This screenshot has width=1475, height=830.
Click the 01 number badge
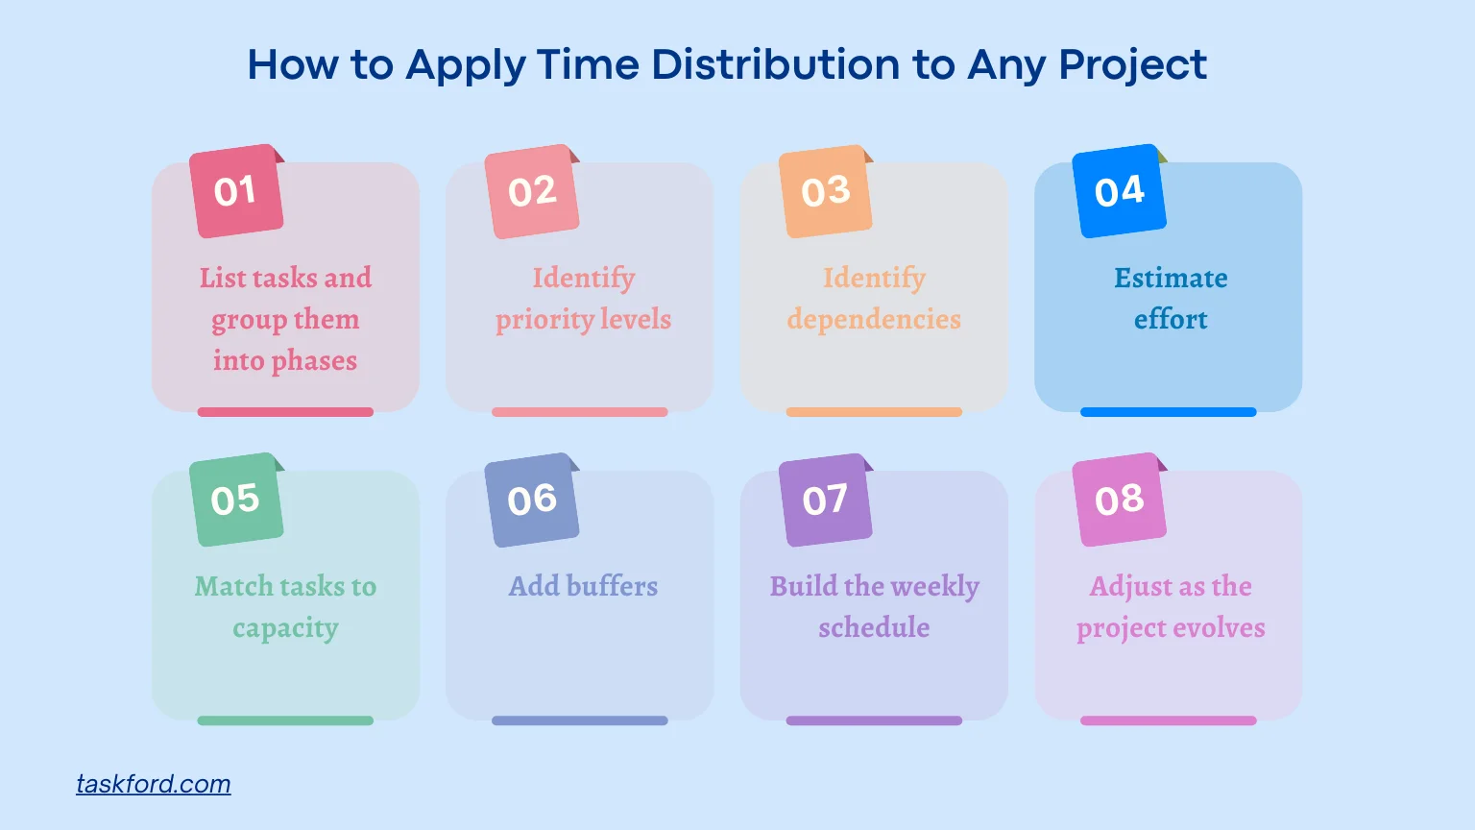236,191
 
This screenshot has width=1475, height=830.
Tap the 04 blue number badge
1119,191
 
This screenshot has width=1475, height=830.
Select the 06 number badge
531,500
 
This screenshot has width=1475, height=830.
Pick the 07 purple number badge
825,500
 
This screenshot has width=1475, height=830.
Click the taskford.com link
154,784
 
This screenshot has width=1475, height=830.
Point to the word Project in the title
1133,65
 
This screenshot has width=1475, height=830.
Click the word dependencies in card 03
874,320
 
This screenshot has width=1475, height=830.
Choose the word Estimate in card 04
1171,279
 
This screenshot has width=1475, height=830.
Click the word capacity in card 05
285,628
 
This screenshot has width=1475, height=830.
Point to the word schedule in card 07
874,628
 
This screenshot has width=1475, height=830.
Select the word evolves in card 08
1218,628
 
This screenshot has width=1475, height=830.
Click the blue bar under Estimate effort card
1168,412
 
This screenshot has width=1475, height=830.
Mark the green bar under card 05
285,720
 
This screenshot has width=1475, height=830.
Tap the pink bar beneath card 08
1168,720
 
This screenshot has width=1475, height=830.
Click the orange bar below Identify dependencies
874,412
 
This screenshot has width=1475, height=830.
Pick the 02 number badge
531,191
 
